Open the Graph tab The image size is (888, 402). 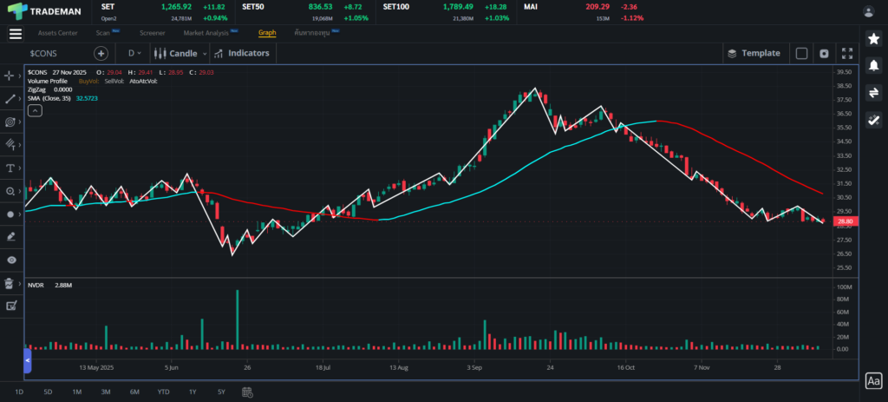(267, 33)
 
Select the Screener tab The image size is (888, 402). (153, 33)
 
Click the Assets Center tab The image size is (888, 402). (57, 33)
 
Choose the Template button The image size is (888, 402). (754, 53)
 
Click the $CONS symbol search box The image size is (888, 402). (56, 53)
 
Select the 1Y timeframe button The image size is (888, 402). (193, 392)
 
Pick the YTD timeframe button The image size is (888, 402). (163, 392)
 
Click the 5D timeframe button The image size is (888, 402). (48, 392)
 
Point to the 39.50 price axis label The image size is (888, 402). (843, 72)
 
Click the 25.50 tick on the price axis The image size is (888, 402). (843, 267)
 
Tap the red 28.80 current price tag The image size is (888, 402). (843, 221)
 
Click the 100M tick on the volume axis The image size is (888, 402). (843, 287)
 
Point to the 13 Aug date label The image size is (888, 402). (398, 367)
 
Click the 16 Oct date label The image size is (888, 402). (626, 367)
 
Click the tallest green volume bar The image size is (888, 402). (237, 320)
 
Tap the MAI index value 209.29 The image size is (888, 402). (597, 6)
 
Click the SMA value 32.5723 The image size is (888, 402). (87, 98)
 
